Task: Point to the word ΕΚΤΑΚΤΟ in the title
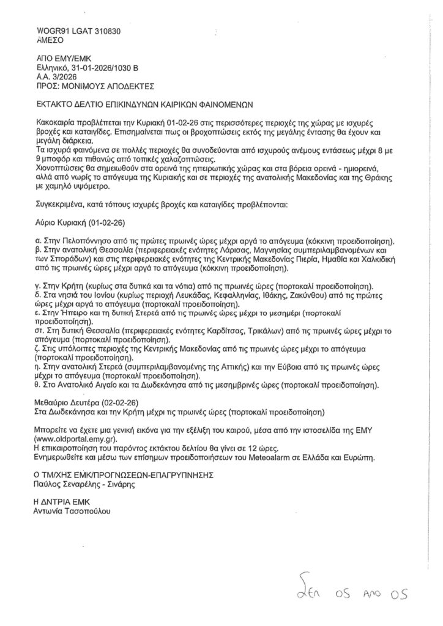point(56,105)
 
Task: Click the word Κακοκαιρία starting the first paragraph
point(60,123)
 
